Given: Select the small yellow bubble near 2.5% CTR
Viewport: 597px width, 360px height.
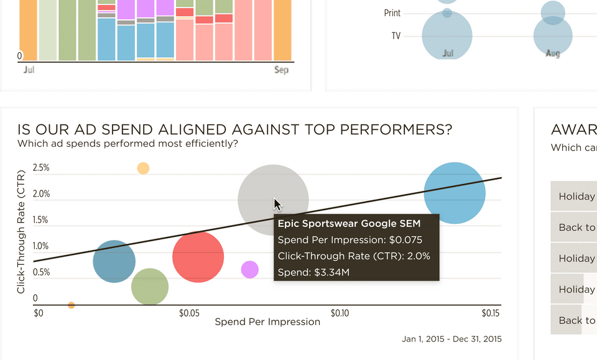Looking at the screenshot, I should coord(143,168).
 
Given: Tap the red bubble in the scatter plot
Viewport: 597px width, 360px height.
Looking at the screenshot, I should coord(198,257).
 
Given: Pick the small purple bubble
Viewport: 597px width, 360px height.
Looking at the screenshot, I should coord(249,269).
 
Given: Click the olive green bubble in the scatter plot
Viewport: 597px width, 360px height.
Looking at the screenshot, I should coord(150,287).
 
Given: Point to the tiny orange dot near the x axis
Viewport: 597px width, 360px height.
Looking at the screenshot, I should coord(71,305).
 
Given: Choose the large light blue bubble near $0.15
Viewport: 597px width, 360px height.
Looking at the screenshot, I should coord(455,193).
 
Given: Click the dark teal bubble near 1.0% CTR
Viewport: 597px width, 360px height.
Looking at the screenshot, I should coord(114,262).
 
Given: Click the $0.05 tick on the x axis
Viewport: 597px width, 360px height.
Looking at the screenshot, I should coord(190,313).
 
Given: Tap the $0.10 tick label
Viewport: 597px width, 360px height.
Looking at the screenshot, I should coord(340,313).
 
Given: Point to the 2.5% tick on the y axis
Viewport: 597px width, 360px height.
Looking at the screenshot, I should coord(41,168).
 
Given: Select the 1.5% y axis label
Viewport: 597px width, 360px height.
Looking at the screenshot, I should coord(41,220).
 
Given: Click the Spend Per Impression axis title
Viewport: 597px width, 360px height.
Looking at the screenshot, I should coord(267,322).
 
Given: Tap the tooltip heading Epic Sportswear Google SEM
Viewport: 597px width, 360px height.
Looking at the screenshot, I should coord(349,224).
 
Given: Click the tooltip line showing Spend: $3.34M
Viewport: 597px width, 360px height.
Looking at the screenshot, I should coord(313,272).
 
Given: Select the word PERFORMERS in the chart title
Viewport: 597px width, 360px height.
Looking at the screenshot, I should coord(395,129).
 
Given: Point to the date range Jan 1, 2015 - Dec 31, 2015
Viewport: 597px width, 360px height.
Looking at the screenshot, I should coord(451,339).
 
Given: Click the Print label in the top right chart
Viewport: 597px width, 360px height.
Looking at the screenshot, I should coord(392,13).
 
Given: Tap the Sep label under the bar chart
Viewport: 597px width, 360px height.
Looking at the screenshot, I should coord(281,70).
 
